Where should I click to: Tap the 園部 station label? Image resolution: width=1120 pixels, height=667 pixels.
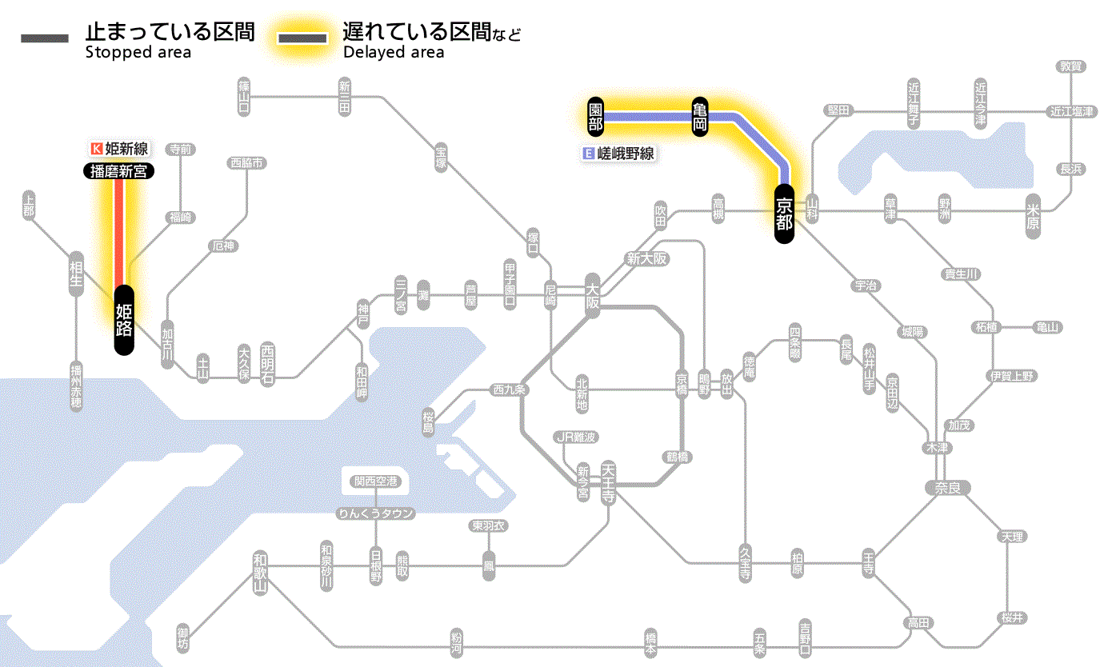coord(595,117)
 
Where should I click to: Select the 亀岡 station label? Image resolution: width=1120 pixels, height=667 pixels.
coord(701,117)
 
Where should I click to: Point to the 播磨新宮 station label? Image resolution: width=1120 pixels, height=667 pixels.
coord(119,170)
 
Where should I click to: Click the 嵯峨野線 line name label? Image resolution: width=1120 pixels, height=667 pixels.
coord(620,154)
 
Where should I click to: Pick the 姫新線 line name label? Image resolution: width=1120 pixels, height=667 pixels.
coord(121,148)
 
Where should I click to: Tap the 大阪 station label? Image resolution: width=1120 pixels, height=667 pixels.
coord(592,296)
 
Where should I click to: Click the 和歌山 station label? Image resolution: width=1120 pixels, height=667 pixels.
coord(259,573)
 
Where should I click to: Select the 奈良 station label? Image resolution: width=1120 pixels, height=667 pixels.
coord(946,487)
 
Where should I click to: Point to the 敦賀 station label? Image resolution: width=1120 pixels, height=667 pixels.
coord(1071,66)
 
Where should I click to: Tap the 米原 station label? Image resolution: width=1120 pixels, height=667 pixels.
coord(1034,214)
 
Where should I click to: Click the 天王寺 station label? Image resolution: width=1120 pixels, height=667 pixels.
coord(608,479)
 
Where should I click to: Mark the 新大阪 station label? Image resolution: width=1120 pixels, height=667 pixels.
coord(646,258)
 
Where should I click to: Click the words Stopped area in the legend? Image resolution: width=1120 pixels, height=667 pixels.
coord(138,53)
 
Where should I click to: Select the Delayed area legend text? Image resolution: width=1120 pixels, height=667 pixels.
coord(394,53)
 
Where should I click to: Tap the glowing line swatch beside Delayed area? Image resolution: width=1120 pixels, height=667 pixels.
coord(302,38)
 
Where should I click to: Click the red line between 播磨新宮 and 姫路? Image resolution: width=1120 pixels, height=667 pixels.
coord(119,232)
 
